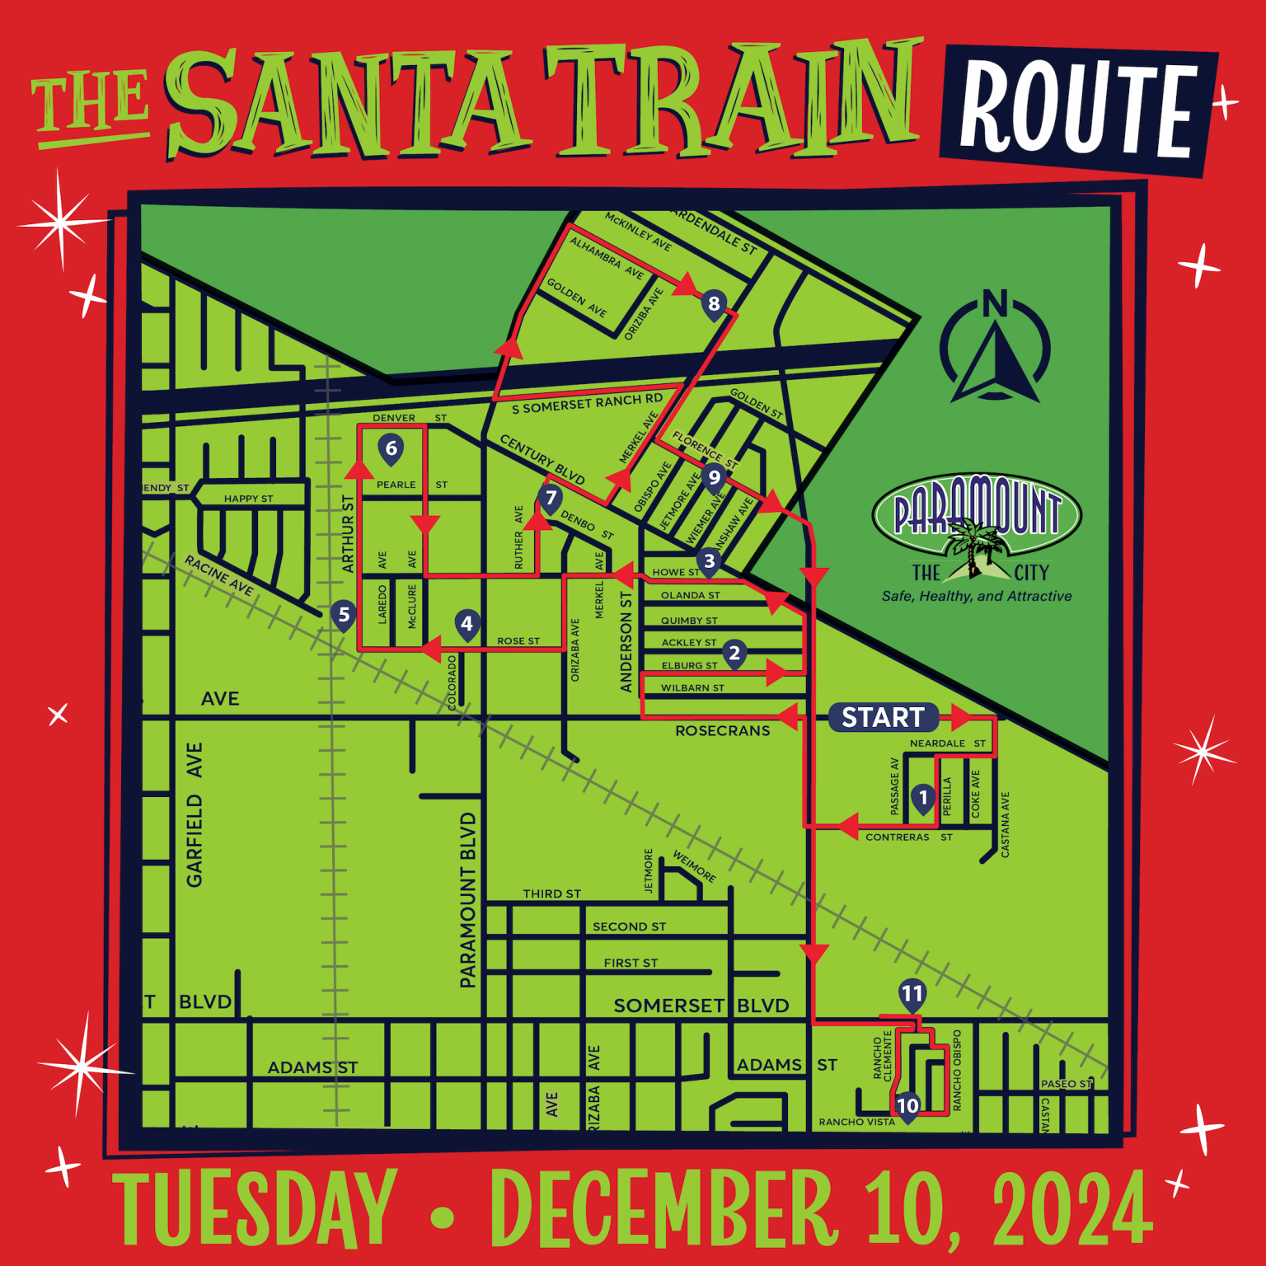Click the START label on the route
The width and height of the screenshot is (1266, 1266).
point(883,717)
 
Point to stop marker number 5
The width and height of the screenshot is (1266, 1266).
point(344,615)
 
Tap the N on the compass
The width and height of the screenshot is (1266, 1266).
point(995,304)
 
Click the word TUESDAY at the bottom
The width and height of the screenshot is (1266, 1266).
point(255,1209)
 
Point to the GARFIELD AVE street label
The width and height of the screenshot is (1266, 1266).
point(195,814)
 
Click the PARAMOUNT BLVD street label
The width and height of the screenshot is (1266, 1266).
point(468,899)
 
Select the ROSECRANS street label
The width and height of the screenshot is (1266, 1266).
point(722,731)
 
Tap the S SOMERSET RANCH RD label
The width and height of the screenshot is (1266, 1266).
point(587,404)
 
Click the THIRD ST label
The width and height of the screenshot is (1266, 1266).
point(551,893)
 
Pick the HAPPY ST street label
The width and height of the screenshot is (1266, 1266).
point(248,499)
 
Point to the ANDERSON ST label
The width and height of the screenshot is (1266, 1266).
point(626,641)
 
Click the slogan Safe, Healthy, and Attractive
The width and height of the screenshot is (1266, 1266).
point(977,597)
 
